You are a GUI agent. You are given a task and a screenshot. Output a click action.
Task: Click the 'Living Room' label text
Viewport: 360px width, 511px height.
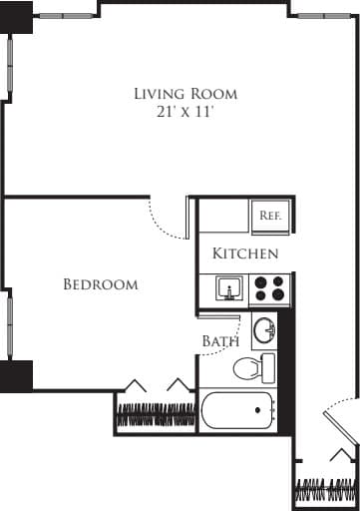click(185, 94)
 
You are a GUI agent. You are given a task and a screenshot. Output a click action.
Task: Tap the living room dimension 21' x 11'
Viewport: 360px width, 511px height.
click(185, 112)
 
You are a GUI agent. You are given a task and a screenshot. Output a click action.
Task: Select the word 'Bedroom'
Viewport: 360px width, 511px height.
click(100, 284)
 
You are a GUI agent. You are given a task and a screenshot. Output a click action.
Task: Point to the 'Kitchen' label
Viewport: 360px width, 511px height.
click(245, 254)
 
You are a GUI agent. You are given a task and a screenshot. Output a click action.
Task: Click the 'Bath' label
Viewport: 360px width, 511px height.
click(219, 341)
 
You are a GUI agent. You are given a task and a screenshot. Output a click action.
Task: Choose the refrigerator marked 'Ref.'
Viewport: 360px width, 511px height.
click(269, 216)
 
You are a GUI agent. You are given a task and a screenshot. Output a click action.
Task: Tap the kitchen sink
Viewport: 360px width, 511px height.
click(230, 289)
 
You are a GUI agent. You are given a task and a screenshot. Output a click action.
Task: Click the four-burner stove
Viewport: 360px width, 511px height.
click(269, 289)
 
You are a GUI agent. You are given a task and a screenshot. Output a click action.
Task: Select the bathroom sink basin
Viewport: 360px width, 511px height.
click(264, 328)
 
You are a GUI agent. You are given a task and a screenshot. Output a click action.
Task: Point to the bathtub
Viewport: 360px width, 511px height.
click(237, 410)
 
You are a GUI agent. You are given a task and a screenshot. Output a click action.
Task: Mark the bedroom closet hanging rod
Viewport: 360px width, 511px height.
click(156, 413)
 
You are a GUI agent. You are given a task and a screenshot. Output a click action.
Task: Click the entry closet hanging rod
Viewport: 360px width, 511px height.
click(325, 491)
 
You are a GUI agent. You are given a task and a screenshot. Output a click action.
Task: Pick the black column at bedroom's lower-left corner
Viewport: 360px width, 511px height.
click(16, 376)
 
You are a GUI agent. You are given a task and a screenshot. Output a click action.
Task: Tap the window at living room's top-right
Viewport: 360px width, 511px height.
click(324, 16)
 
